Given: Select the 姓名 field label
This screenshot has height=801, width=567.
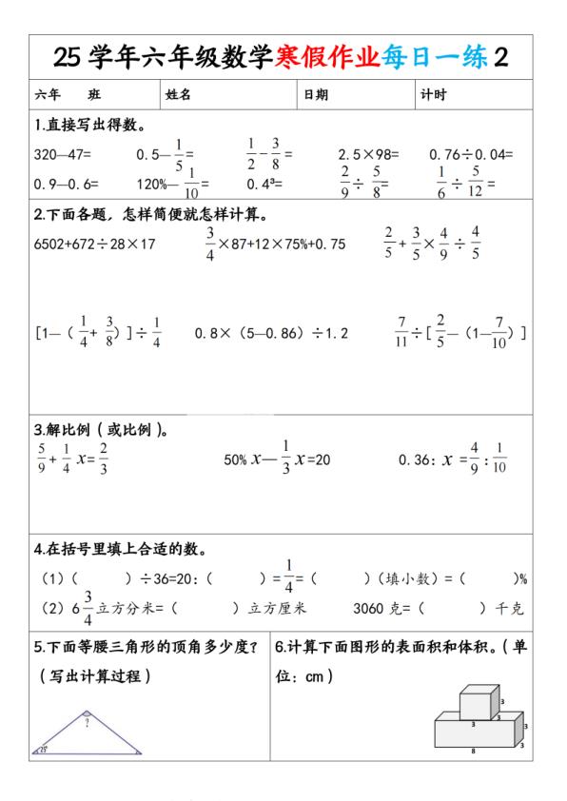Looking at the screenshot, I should click(179, 95).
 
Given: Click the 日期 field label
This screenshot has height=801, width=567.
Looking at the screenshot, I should click(316, 95).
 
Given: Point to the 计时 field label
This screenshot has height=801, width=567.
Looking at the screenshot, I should click(433, 95).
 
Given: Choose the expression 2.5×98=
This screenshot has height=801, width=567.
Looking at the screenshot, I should click(368, 153).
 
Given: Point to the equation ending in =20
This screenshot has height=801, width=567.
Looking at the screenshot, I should click(276, 459).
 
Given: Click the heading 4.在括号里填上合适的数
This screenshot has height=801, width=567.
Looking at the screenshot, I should click(121, 549).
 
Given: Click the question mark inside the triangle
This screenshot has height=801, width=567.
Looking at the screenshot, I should click(87, 724).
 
